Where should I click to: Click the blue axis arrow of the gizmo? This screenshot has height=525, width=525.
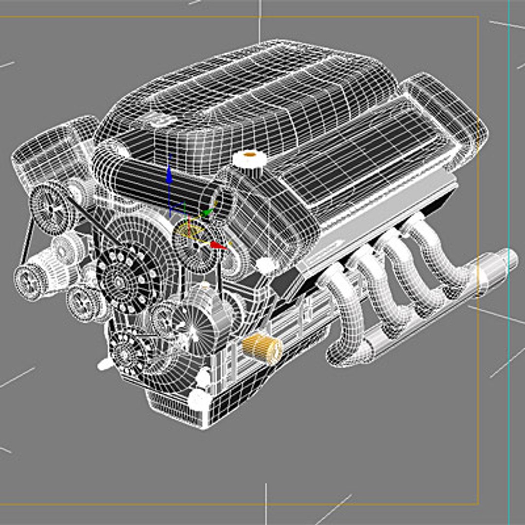(169, 175)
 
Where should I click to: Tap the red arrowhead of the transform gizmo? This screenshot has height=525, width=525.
(219, 246)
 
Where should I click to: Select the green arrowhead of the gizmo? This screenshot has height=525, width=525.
(208, 212)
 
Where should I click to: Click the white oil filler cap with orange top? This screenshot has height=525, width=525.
(249, 158)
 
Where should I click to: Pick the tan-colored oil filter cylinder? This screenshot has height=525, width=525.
(262, 348)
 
